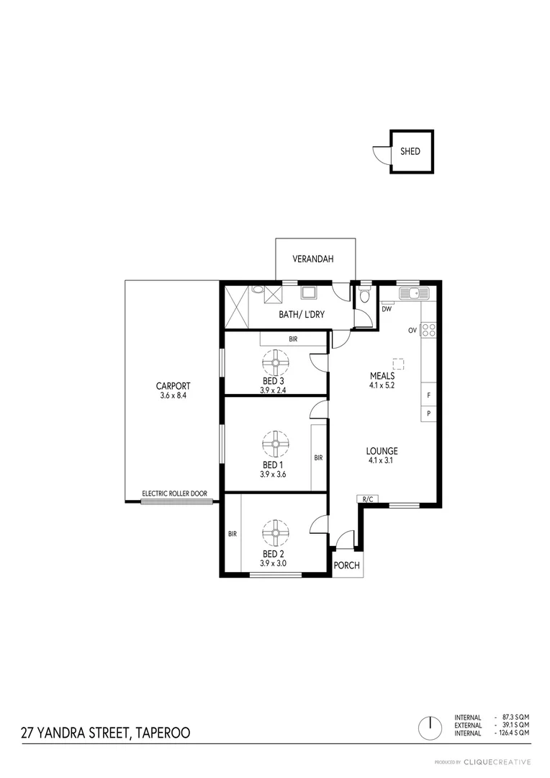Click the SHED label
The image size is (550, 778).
point(410,152)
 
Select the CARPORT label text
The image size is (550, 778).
point(173,385)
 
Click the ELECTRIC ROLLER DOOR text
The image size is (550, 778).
point(174,493)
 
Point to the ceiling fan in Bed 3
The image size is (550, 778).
point(275,363)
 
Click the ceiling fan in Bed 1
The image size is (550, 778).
point(275,444)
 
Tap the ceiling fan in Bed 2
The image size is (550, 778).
point(275,534)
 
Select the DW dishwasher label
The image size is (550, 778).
point(387,309)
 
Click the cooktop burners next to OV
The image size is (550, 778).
point(428,331)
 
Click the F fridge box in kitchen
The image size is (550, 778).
point(428,395)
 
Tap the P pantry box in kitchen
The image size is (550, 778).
point(428,413)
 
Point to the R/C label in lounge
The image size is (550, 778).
point(366,498)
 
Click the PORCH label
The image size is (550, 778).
point(346,565)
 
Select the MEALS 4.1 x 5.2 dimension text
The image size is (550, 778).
point(382,385)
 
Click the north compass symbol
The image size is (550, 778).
point(429,727)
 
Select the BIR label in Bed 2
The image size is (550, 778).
point(233,534)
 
